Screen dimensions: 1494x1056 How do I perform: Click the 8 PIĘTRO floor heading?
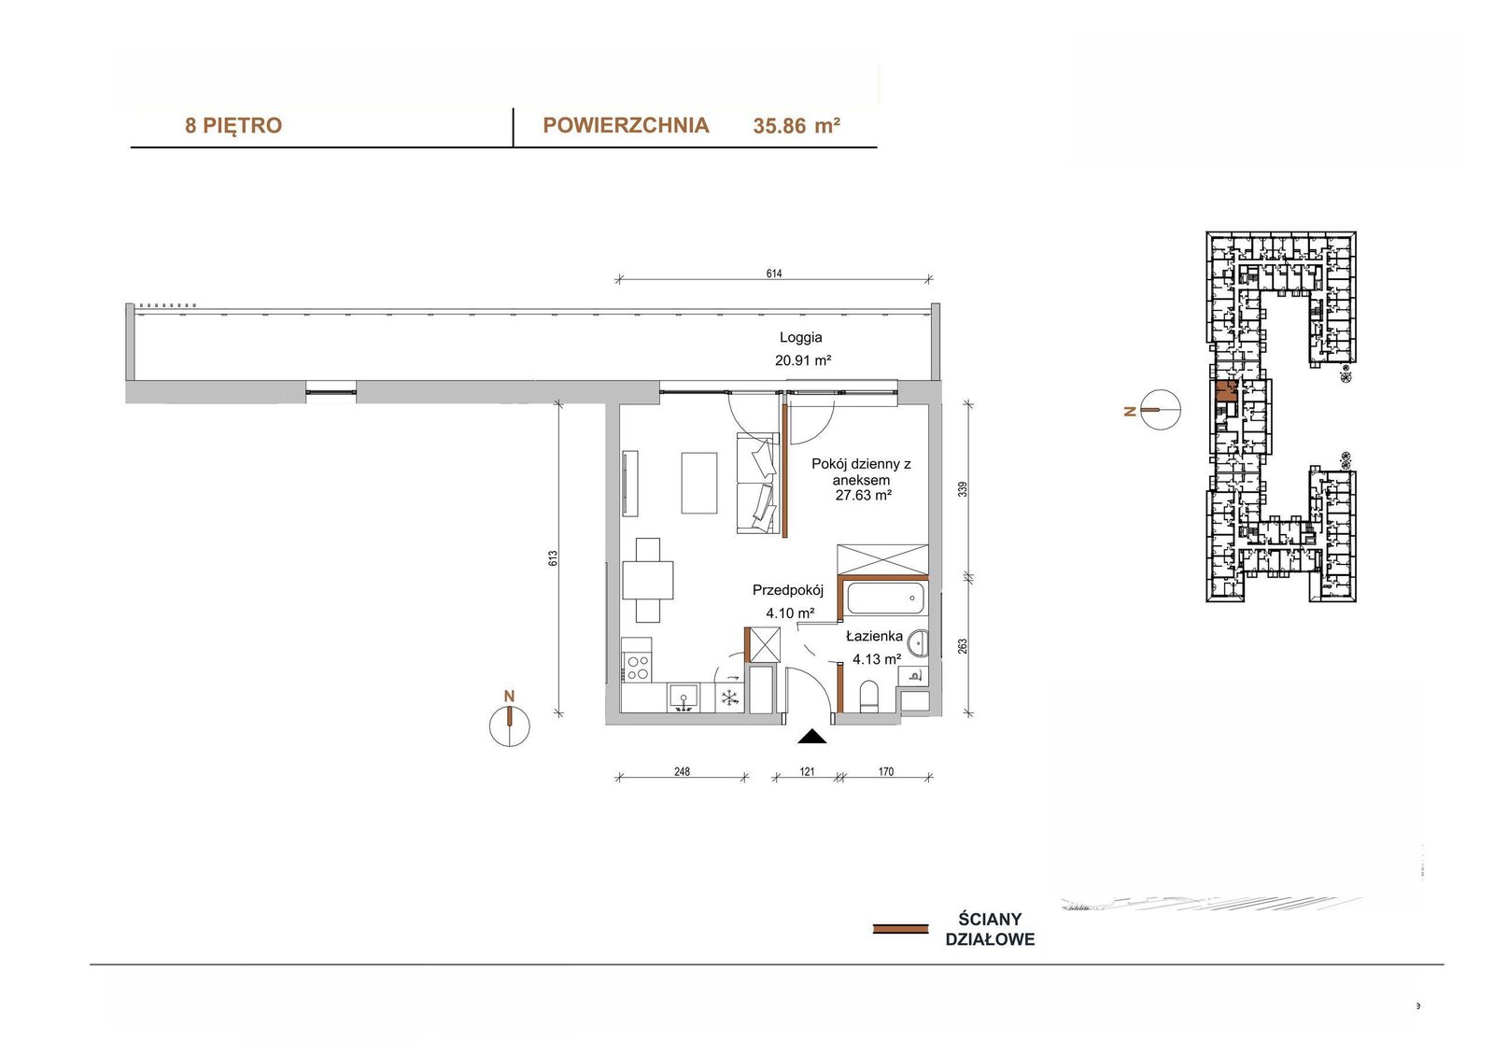[233, 125]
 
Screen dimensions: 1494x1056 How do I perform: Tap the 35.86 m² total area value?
[796, 125]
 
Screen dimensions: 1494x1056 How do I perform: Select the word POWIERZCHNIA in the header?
[626, 125]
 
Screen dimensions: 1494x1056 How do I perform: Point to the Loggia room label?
[801, 338]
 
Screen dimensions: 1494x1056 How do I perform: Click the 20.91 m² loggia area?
[802, 360]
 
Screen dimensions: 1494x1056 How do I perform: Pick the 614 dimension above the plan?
[774, 274]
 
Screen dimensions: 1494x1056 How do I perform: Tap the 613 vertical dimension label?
[552, 558]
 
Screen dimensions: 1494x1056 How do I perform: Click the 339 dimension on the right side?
[962, 489]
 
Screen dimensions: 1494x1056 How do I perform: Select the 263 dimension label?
[962, 646]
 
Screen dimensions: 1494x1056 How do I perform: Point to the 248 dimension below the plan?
[682, 772]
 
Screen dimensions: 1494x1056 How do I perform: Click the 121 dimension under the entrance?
[807, 772]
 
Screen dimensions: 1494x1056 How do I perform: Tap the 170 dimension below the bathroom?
[886, 772]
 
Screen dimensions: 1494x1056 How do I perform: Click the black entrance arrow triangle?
[812, 736]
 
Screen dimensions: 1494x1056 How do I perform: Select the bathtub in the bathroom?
[886, 598]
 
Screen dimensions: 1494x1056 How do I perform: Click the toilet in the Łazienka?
[868, 696]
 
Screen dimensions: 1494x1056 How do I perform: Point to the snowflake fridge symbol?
[729, 697]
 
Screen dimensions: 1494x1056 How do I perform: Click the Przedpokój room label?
[788, 590]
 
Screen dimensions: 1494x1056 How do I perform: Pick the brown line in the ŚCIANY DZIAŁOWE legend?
[900, 929]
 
